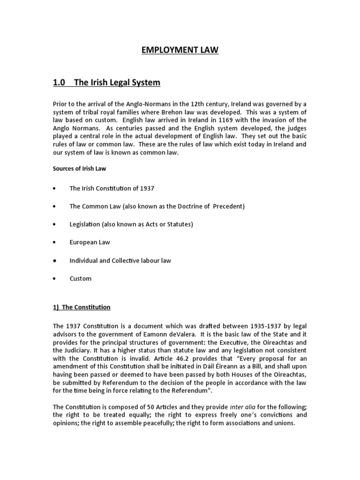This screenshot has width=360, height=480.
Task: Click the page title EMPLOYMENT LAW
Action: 180,50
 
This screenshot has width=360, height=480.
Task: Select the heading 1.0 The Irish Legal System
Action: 106,82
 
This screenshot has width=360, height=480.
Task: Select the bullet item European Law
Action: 90,242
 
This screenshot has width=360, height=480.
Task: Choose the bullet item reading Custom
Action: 80,278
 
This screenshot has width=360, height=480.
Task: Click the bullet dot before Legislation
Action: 55,225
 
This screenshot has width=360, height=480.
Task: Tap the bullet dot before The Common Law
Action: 55,206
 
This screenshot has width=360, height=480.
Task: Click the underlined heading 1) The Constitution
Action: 82,307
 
